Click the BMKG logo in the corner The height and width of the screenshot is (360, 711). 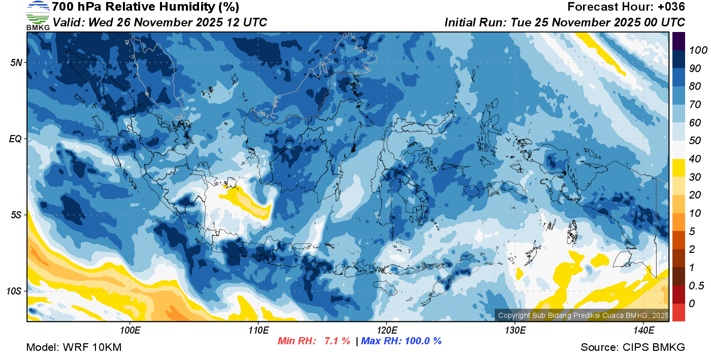[38, 15]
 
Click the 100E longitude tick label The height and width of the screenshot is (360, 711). [130, 331]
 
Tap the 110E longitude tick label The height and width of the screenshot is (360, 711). [258, 331]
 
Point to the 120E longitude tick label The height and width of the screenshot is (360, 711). [386, 331]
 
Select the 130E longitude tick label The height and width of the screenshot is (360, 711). [515, 331]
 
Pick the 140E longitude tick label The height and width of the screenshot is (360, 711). [643, 331]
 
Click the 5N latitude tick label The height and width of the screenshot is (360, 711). [16, 62]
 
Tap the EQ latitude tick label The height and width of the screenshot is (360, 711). [16, 139]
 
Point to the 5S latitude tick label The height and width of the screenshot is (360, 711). [16, 215]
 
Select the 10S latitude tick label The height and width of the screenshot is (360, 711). [14, 291]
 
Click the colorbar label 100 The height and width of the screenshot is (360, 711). [695, 50]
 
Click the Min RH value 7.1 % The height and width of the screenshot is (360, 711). [337, 341]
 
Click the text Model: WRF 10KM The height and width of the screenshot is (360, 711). [73, 347]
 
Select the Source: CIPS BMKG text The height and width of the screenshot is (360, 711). [633, 347]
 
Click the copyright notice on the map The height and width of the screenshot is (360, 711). [583, 315]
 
